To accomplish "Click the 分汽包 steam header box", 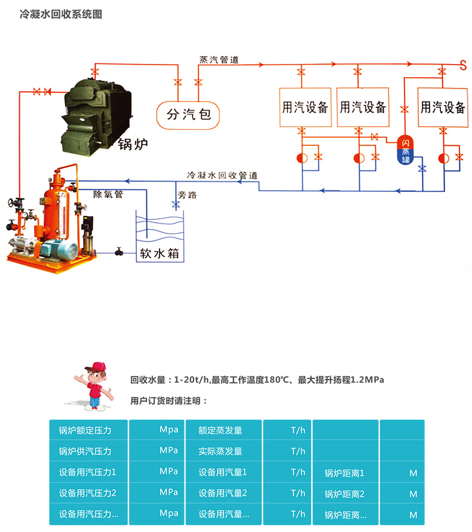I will coord(188,114).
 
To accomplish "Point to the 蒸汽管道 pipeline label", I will coord(219,59).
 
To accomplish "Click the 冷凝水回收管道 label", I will coord(222,175).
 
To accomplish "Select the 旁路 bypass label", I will coord(187,195).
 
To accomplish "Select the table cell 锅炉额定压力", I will coord(85,430).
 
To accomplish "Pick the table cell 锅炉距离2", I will coord(344,494).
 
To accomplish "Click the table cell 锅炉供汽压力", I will coord(85,451).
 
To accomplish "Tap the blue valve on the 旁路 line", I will coord(176,204).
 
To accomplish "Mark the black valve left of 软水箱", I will coord(119,252).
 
